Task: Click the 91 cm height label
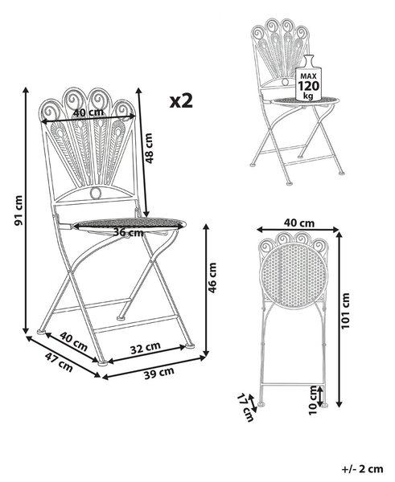pyautogui.click(x=19, y=210)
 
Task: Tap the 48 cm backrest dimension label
pyautogui.click(x=149, y=148)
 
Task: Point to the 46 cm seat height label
pyautogui.click(x=212, y=278)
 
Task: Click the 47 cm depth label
pyautogui.click(x=59, y=362)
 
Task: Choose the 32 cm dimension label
pyautogui.click(x=146, y=347)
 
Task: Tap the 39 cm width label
pyautogui.click(x=159, y=373)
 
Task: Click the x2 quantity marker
pyautogui.click(x=181, y=101)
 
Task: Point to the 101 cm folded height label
pyautogui.click(x=346, y=310)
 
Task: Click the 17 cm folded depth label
pyautogui.click(x=245, y=407)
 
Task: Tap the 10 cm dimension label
pyautogui.click(x=312, y=400)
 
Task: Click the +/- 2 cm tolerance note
pyautogui.click(x=363, y=469)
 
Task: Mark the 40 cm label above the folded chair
pyautogui.click(x=299, y=223)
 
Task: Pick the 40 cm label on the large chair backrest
pyautogui.click(x=88, y=112)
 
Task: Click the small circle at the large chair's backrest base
pyautogui.click(x=96, y=193)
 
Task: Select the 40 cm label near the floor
pyautogui.click(x=74, y=341)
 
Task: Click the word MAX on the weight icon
pyautogui.click(x=308, y=76)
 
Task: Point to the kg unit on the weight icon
pyautogui.click(x=308, y=96)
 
